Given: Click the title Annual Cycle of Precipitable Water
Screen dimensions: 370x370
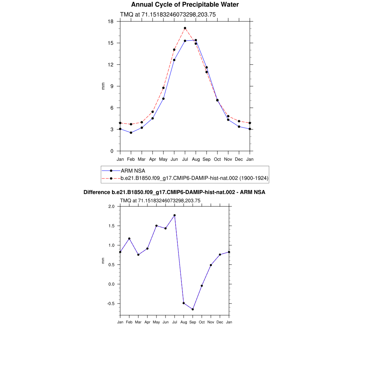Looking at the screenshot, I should pyautogui.click(x=185, y=5).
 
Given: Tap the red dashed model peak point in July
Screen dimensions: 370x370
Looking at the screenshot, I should pyautogui.click(x=185, y=28).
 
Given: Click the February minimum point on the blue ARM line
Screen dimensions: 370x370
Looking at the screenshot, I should pyautogui.click(x=131, y=133).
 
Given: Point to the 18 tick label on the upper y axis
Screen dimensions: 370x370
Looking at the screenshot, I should pyautogui.click(x=111, y=21).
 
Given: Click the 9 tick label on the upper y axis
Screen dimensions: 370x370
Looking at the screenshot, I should pyautogui.click(x=112, y=86).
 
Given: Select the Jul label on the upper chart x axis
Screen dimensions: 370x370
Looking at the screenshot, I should pyautogui.click(x=185, y=159).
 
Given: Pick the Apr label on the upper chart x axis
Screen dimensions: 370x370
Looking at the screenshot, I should pyautogui.click(x=152, y=159).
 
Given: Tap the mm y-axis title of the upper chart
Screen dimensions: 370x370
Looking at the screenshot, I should pyautogui.click(x=103, y=86).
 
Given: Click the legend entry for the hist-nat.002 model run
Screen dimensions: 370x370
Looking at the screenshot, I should pyautogui.click(x=194, y=178).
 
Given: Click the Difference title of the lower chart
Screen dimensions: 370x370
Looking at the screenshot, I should pyautogui.click(x=174, y=192).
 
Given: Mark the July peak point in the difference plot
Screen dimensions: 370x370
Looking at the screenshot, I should pyautogui.click(x=175, y=215).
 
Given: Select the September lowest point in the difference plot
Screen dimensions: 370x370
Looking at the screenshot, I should pyautogui.click(x=193, y=309).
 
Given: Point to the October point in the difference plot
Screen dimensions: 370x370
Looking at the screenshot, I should pyautogui.click(x=202, y=286).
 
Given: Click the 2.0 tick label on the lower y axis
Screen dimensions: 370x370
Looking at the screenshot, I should pyautogui.click(x=111, y=206).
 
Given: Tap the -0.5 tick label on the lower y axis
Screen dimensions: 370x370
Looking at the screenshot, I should pyautogui.click(x=110, y=304).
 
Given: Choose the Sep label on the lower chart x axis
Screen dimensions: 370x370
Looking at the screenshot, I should pyautogui.click(x=193, y=322).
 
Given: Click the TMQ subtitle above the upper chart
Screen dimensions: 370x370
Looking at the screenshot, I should pyautogui.click(x=168, y=14).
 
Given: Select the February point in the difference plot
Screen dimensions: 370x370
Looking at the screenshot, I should pyautogui.click(x=129, y=238).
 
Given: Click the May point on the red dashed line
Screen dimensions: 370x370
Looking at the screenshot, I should pyautogui.click(x=163, y=88).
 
